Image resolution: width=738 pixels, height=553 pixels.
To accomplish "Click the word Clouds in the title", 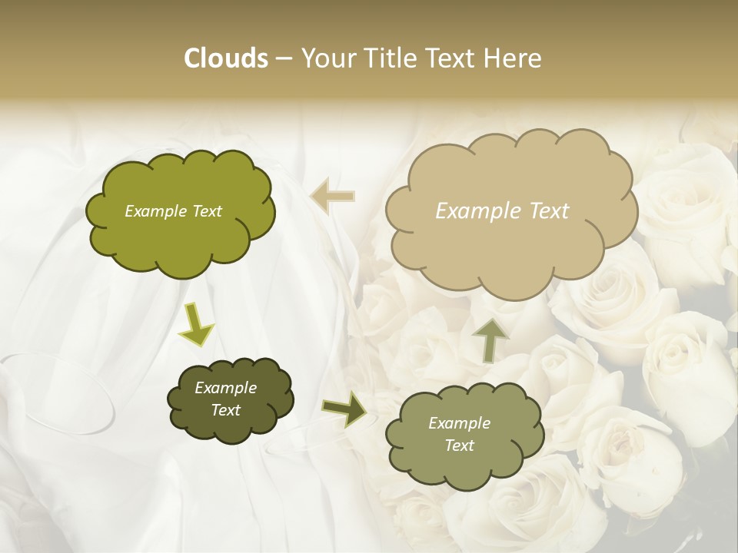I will tap(225, 58).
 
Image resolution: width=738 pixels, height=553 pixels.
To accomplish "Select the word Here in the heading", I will tap(513, 58).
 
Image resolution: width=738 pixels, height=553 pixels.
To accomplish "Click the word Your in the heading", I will tap(328, 58).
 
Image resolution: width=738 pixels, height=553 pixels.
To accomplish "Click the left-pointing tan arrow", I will tap(333, 197).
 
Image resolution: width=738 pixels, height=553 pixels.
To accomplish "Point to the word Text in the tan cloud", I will tap(547, 211).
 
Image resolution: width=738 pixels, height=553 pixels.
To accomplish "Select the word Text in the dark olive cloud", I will tap(225, 410).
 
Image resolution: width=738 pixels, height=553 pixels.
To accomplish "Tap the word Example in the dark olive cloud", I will tap(225, 388).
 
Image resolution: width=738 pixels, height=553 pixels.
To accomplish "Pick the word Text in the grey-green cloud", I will tap(459, 445).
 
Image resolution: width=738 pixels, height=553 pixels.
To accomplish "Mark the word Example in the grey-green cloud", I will tap(459, 423).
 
